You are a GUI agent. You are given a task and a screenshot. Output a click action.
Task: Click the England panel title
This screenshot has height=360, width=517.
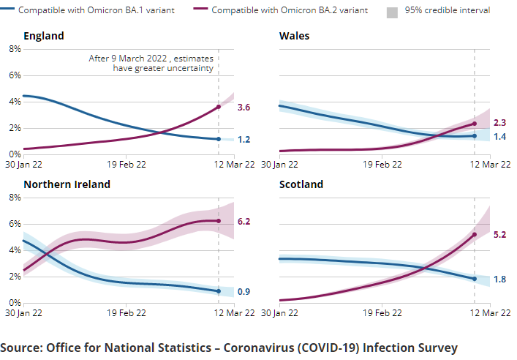43,36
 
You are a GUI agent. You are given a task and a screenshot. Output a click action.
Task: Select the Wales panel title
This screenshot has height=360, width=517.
294,36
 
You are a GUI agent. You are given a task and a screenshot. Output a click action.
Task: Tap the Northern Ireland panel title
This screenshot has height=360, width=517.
67,184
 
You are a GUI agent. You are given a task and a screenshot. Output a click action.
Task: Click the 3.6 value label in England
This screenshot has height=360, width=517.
244,108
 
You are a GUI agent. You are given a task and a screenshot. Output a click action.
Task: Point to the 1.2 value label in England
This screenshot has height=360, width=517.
244,140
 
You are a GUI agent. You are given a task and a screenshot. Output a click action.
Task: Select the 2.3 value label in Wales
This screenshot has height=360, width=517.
500,123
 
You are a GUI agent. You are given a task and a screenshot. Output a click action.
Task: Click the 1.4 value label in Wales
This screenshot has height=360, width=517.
500,137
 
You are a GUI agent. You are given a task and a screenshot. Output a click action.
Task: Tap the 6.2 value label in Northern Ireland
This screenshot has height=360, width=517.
244,220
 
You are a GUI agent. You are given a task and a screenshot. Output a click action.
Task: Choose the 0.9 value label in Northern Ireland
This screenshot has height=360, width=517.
244,292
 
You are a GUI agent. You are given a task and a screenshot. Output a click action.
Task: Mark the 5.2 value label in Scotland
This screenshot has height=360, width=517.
500,235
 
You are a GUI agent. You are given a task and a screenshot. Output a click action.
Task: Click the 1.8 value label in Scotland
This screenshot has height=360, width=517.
500,279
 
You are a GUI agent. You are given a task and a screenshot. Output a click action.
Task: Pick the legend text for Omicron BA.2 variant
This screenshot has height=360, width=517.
290,11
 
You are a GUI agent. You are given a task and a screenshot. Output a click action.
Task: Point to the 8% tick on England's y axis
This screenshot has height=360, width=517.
14,49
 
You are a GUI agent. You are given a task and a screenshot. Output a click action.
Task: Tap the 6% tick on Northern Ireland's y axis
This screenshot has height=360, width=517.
14,224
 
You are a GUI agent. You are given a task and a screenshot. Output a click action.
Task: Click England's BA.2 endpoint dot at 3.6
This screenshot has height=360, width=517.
219,107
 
